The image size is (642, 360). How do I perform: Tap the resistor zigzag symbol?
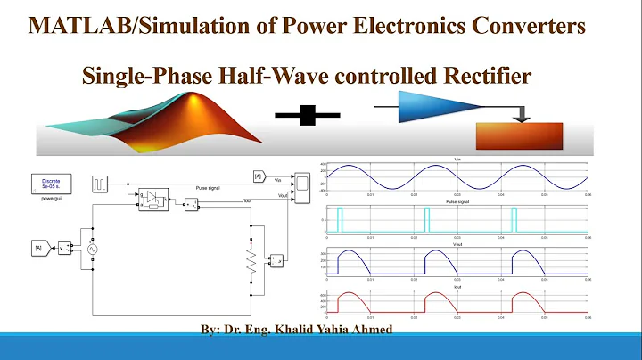click(251, 260)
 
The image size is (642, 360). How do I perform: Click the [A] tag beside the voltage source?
click(38, 246)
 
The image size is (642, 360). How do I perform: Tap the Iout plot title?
click(457, 287)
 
